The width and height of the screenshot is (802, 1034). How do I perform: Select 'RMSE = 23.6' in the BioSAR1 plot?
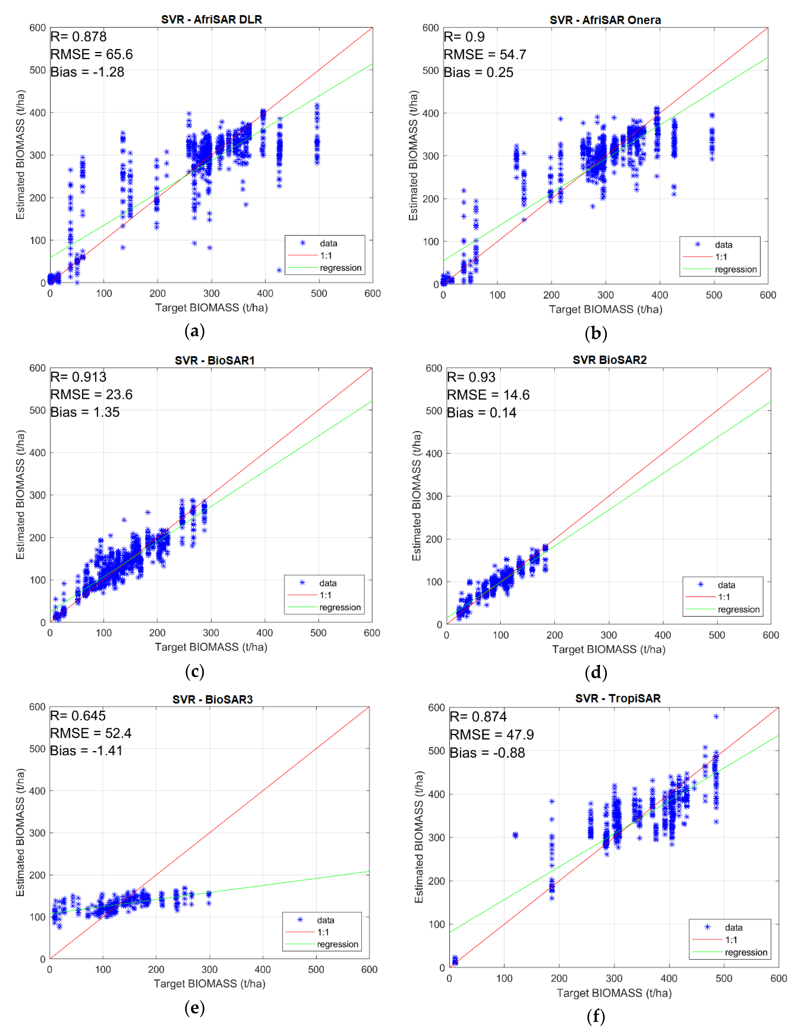(91, 394)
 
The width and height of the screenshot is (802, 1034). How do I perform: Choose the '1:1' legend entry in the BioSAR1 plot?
(325, 595)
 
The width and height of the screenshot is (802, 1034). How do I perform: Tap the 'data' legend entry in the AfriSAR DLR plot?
(328, 243)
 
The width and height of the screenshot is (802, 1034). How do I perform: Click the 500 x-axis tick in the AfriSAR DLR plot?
(319, 293)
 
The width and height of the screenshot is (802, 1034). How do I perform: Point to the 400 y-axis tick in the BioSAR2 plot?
(434, 454)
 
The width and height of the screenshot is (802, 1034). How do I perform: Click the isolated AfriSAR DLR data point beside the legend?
(279, 270)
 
